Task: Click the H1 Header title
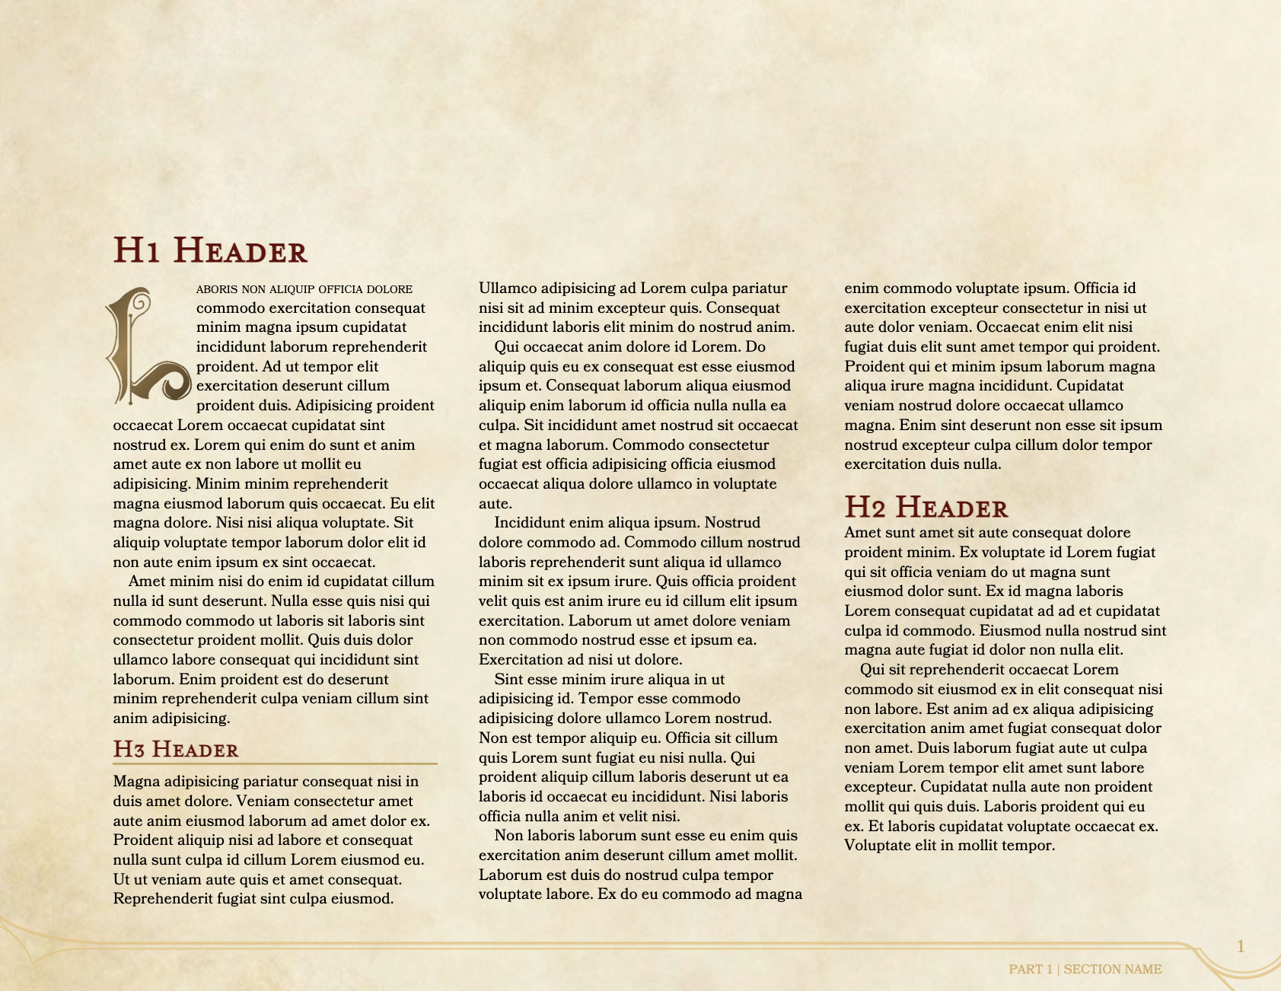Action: coord(210,251)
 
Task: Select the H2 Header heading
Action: coord(926,508)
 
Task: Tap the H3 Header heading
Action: coord(176,750)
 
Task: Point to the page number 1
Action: coord(1241,947)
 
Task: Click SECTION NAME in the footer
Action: coord(1113,970)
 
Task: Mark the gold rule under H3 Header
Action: coord(275,763)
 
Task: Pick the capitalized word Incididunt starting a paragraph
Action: coord(530,523)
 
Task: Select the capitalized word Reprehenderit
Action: coord(160,899)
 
